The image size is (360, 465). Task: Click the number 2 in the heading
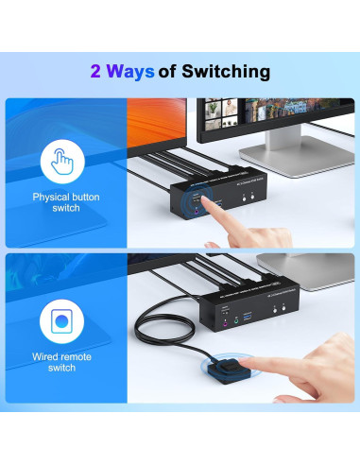(x=96, y=71)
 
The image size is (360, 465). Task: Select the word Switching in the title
(x=228, y=71)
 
